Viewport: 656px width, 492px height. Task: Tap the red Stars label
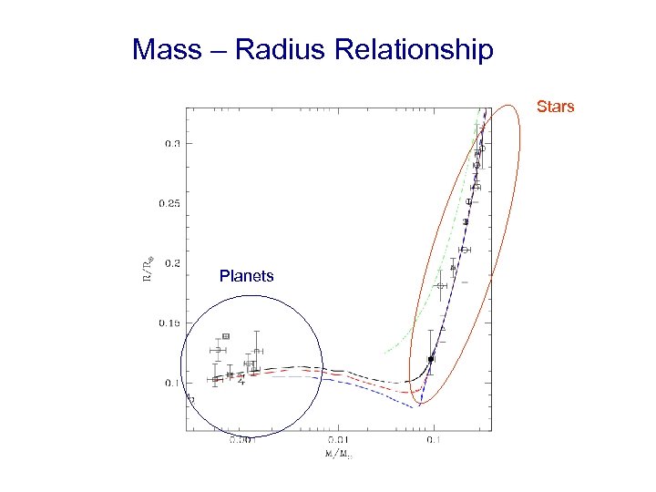pos(555,107)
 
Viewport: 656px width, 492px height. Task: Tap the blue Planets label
pos(246,276)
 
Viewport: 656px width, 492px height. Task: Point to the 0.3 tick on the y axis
pos(171,143)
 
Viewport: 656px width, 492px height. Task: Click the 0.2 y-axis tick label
pos(171,263)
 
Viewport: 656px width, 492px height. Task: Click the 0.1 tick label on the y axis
pos(171,384)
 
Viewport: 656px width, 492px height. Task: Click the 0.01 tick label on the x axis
pos(338,440)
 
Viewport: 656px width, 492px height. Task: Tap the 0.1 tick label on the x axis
pos(434,440)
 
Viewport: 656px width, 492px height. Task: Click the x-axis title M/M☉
pos(339,453)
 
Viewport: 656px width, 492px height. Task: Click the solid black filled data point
pos(431,360)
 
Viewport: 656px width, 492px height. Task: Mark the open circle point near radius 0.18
pos(442,286)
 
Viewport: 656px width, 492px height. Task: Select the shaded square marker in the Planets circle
pos(226,336)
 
